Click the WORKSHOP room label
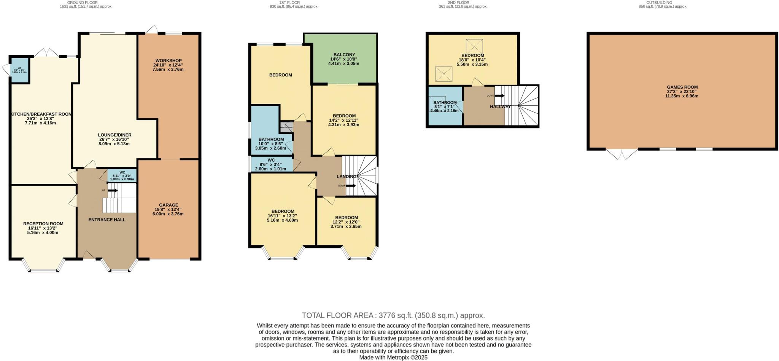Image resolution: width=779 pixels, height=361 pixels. (169, 61)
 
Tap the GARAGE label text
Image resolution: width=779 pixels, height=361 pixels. (169, 205)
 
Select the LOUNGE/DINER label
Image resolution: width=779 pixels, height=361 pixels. (114, 135)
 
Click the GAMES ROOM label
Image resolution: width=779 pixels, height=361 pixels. (682, 87)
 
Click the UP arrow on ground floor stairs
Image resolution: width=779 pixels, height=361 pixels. (113, 190)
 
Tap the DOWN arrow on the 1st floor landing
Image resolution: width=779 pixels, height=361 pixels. (351, 186)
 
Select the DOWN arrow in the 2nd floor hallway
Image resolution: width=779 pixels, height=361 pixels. (499, 95)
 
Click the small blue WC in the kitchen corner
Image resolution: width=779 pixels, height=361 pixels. (19, 70)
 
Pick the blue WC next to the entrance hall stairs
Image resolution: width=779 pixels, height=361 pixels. (122, 175)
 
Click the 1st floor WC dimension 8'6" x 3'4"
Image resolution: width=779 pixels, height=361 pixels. (271, 164)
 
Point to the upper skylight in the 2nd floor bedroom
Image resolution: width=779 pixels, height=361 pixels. (474, 46)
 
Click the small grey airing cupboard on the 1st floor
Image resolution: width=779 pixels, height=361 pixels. (286, 127)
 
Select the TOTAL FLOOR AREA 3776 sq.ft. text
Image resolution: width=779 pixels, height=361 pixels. (393, 315)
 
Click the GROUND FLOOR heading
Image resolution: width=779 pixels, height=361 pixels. (86, 3)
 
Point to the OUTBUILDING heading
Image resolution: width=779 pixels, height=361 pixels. (662, 3)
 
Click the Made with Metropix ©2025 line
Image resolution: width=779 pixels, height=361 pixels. (393, 358)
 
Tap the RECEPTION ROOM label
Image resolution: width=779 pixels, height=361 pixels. (43, 224)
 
